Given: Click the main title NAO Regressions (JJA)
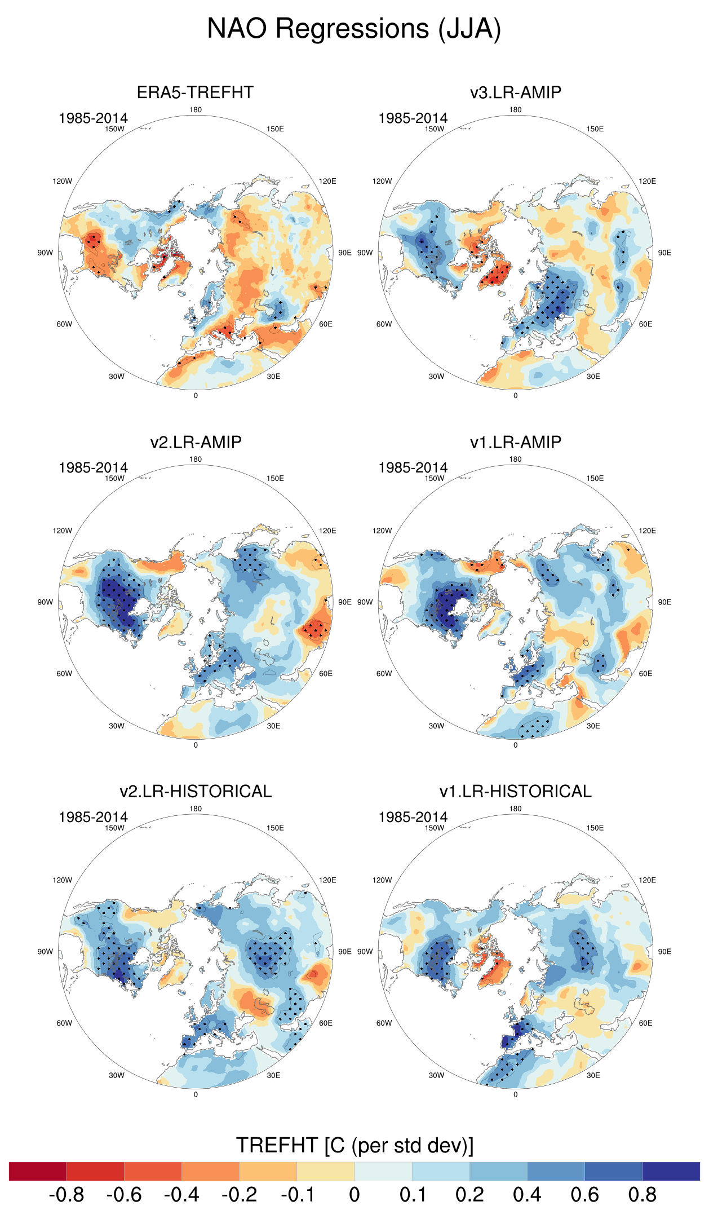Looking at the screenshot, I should tap(354, 29).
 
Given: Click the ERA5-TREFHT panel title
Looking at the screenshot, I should tap(195, 92).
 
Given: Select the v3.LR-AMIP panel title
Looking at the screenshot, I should tap(515, 92).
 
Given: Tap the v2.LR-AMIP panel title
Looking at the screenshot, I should tap(196, 442).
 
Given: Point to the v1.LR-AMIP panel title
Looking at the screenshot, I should tap(515, 442).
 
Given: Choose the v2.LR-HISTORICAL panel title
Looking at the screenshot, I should tap(196, 791).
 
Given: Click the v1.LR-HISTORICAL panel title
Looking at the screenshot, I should tap(515, 791).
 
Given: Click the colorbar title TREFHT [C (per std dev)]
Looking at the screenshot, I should tap(354, 1145).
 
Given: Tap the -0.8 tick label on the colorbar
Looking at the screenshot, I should tap(67, 1195).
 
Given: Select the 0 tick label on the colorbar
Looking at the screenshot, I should tap(354, 1195).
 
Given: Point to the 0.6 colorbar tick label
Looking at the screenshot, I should tap(584, 1195).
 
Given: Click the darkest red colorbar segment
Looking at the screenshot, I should tap(38, 1171).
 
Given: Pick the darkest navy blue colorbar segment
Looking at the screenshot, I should tap(671, 1171).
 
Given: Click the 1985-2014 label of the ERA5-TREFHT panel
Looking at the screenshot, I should tap(93, 118).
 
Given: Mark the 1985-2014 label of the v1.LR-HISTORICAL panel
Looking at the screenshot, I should tap(413, 817).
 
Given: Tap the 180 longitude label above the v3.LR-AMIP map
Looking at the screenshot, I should tap(515, 110).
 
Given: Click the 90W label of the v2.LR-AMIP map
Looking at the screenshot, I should tap(45, 602).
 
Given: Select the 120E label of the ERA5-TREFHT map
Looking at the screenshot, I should tap(327, 182).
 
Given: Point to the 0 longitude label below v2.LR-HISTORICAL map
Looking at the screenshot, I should tap(196, 1094).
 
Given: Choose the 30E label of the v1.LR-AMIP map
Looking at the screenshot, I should tap(593, 726).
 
